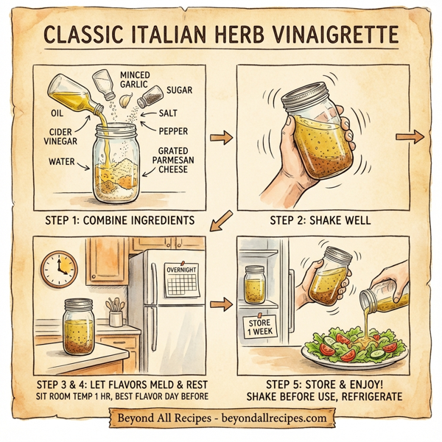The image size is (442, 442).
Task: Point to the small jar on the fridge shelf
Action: [256, 287]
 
